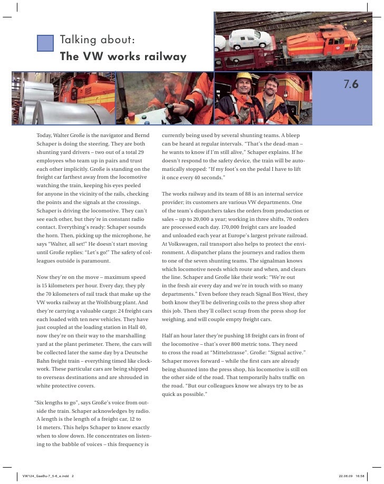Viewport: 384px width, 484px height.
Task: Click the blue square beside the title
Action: pos(46,43)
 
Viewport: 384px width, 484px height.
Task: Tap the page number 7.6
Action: pos(351,84)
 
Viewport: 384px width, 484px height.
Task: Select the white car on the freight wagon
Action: pos(247,38)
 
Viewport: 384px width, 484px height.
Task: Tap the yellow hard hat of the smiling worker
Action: pos(244,75)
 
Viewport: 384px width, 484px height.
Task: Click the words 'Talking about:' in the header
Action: pos(98,40)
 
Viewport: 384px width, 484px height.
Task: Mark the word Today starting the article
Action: pos(45,136)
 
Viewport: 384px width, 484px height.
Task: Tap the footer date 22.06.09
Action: pos(345,475)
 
